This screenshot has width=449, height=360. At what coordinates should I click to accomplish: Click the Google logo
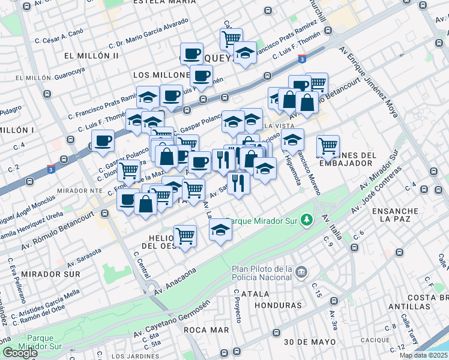(x=20, y=352)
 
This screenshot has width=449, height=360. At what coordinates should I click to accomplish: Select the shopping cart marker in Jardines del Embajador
(x=328, y=145)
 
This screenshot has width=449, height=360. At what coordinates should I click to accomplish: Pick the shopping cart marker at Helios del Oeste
(x=185, y=236)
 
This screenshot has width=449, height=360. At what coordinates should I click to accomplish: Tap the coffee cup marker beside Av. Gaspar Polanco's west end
(x=103, y=141)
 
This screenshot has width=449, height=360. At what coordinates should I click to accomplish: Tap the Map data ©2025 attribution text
(x=423, y=355)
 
